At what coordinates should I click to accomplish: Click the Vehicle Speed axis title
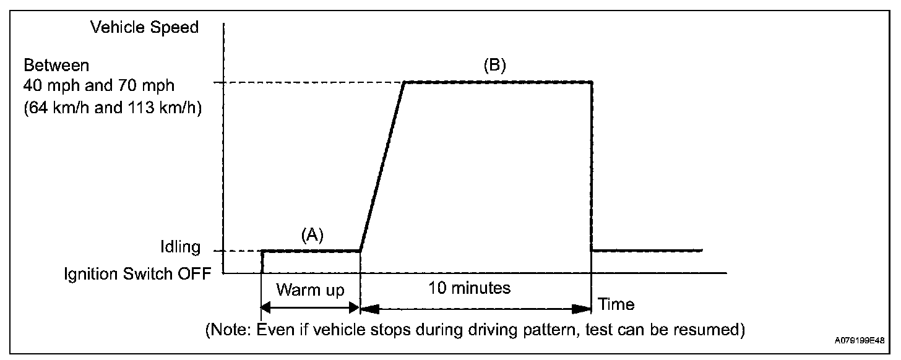click(x=144, y=27)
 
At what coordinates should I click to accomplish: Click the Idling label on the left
click(x=179, y=247)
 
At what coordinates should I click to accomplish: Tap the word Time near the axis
click(x=616, y=304)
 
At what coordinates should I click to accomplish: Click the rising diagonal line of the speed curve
click(x=382, y=166)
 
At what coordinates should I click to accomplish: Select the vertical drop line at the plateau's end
click(x=592, y=167)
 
